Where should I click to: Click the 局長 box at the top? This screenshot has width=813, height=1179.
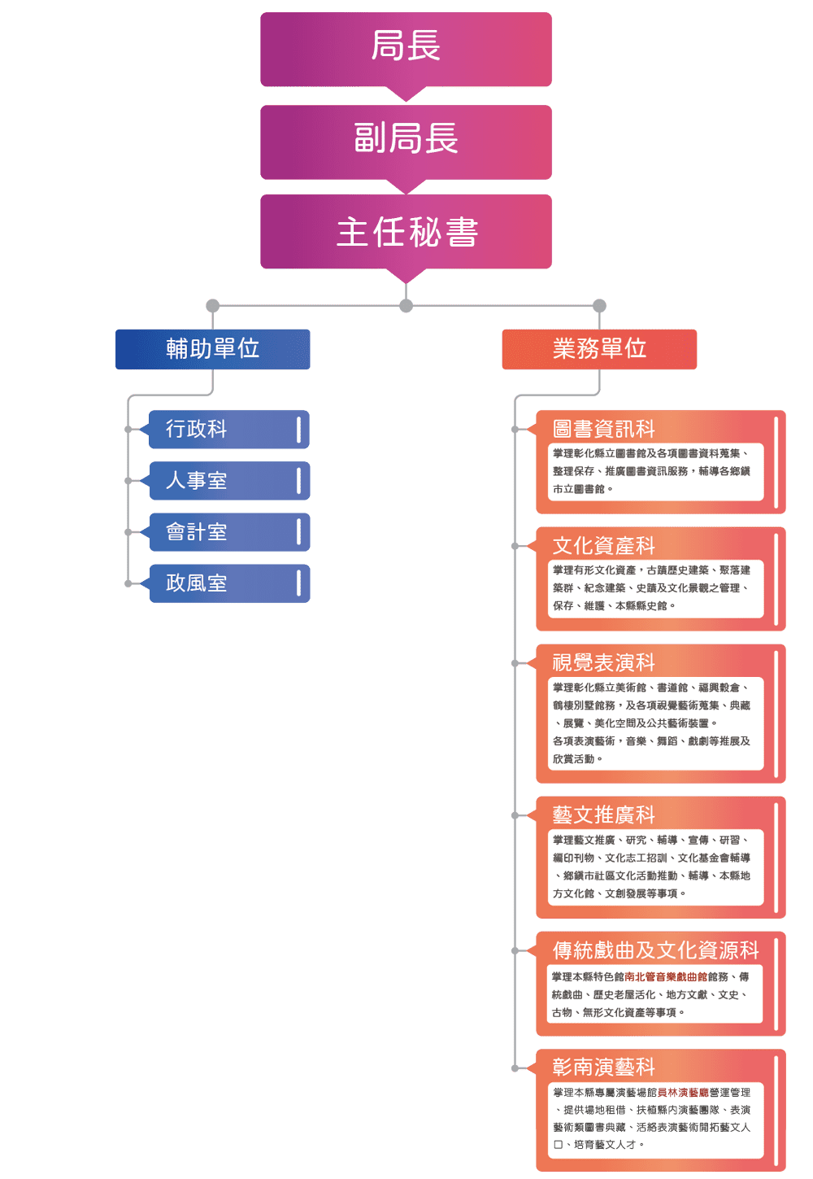pyautogui.click(x=406, y=47)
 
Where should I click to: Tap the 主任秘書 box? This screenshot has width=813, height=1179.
pyautogui.click(x=406, y=232)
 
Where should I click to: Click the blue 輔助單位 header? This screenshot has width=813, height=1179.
pyautogui.click(x=213, y=349)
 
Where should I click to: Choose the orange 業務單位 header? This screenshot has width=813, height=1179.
pyautogui.click(x=599, y=349)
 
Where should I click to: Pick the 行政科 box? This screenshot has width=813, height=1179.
pyautogui.click(x=228, y=429)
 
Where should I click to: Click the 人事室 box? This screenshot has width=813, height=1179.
pyautogui.click(x=228, y=481)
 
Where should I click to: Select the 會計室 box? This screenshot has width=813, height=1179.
pyautogui.click(x=228, y=532)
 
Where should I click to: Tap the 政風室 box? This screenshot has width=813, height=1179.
pyautogui.click(x=228, y=583)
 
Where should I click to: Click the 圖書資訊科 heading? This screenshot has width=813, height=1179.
pyautogui.click(x=604, y=429)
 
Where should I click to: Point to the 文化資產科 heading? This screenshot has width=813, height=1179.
pyautogui.click(x=604, y=546)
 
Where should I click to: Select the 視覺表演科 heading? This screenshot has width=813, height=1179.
pyautogui.click(x=604, y=663)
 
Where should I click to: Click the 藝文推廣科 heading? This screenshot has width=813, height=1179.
pyautogui.click(x=604, y=815)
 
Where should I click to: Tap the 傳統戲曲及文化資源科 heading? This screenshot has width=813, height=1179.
pyautogui.click(x=655, y=950)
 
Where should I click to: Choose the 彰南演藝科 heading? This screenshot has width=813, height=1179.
pyautogui.click(x=604, y=1067)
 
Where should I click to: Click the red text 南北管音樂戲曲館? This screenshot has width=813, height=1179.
pyautogui.click(x=666, y=977)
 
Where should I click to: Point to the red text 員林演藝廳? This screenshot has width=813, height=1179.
pyautogui.click(x=683, y=1093)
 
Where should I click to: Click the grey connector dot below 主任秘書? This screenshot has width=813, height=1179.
pyautogui.click(x=406, y=306)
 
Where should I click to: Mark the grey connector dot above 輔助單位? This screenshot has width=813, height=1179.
pyautogui.click(x=212, y=306)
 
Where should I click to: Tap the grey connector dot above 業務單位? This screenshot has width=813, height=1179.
pyautogui.click(x=599, y=306)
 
